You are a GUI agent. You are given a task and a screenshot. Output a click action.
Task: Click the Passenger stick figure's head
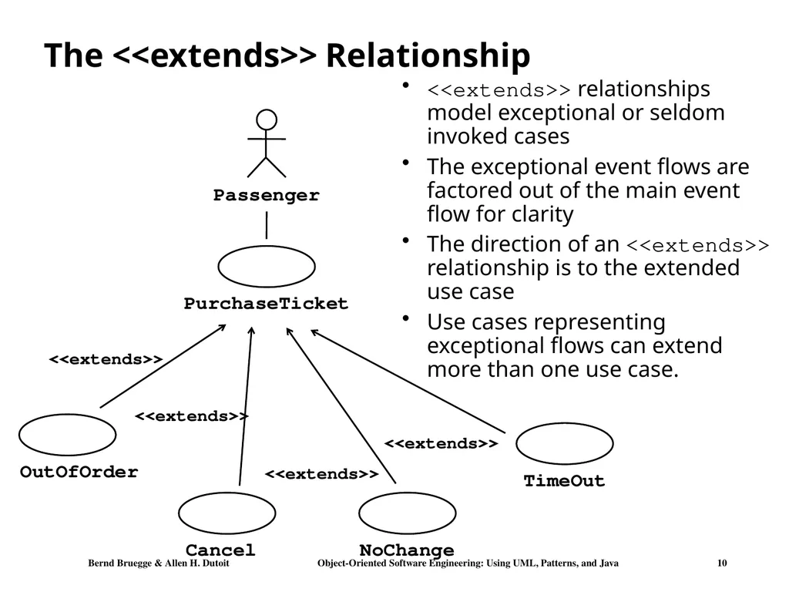[266, 119]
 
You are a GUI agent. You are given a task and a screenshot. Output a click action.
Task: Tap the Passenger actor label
[266, 195]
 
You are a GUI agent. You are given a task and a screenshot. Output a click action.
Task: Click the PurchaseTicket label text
[266, 304]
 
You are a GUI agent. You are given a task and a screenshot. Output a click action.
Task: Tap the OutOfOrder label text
[79, 473]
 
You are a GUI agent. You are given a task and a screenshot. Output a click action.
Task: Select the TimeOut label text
[564, 481]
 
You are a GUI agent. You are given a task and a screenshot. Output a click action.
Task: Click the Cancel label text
[220, 550]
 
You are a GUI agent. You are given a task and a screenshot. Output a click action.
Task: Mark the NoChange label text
[407, 550]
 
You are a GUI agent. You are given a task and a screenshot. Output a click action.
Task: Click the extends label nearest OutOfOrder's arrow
[106, 359]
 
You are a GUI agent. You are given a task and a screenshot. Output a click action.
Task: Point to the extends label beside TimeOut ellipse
[441, 443]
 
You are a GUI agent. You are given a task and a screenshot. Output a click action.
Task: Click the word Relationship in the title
[428, 55]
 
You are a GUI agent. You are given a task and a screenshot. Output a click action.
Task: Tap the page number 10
[722, 563]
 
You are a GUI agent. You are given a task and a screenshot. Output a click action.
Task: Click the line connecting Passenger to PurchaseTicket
[266, 225]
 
